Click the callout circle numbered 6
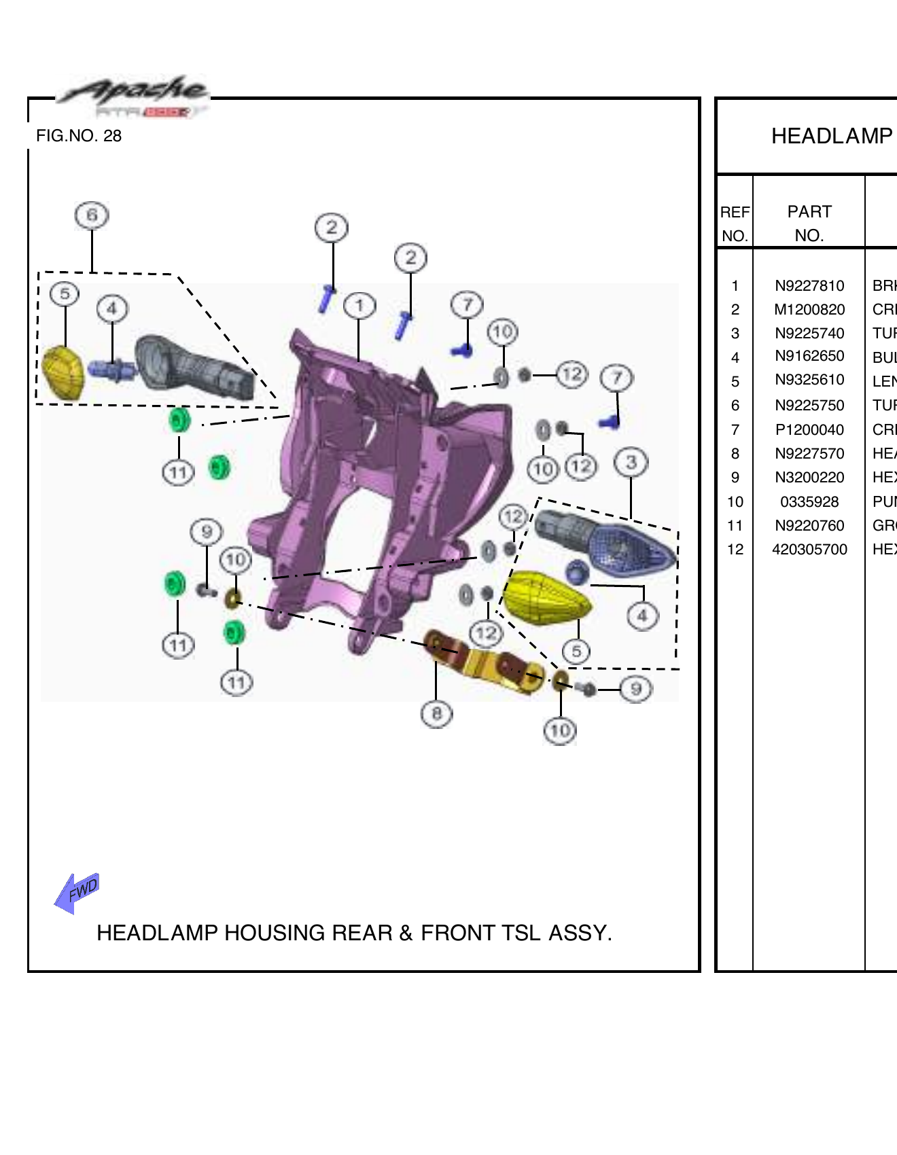(x=92, y=215)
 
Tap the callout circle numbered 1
(x=359, y=306)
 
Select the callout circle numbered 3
(x=631, y=463)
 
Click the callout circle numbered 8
(x=436, y=713)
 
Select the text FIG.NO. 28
(x=79, y=136)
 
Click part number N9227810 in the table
(x=809, y=286)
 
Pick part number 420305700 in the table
(x=809, y=550)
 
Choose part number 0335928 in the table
(x=809, y=502)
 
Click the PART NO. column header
(x=809, y=224)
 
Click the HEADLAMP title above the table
(x=831, y=136)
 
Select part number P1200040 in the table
(x=809, y=430)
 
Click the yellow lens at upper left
(x=63, y=373)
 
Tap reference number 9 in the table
(x=735, y=478)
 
